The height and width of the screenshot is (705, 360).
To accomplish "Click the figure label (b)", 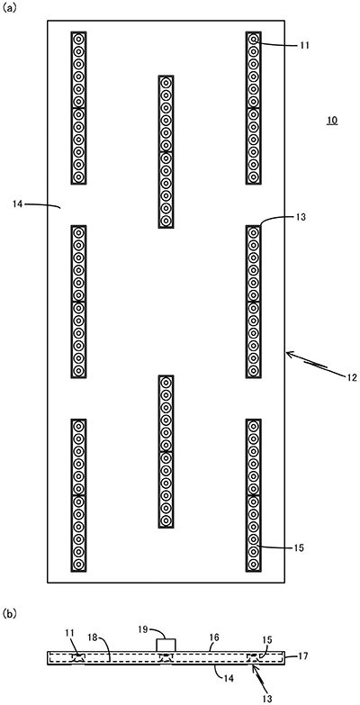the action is click(9, 613).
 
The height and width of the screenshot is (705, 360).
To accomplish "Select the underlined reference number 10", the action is click(332, 121).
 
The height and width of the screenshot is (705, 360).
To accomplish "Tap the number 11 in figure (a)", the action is click(304, 45).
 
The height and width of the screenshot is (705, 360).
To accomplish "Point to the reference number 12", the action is click(353, 377).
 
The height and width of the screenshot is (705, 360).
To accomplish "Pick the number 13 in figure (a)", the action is click(301, 217).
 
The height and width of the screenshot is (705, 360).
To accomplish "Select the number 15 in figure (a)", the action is click(300, 548).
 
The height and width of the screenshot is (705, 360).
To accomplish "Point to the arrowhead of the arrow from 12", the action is click(289, 354).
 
